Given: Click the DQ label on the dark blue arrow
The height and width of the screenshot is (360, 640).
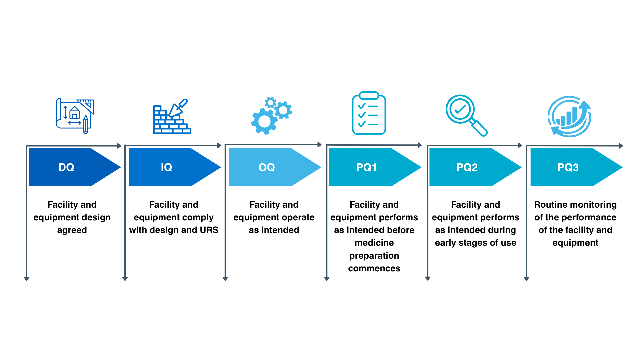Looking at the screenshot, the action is point(66,167).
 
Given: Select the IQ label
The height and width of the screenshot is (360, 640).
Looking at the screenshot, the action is point(166,167).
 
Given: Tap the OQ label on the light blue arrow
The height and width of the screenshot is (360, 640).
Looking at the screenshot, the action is point(267,167).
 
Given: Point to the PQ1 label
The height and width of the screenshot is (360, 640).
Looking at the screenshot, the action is point(366,167).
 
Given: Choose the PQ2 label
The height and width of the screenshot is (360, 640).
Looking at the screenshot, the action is point(467,167).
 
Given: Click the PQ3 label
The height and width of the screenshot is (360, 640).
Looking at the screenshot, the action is point(568,167).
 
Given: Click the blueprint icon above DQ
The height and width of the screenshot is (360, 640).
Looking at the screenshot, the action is point(75,116).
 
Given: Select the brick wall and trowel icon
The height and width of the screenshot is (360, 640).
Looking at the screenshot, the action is point(172,116).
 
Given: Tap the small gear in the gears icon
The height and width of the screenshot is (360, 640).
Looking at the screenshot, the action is point(271,102).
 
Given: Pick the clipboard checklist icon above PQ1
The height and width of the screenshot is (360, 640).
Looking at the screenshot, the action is point(369,113).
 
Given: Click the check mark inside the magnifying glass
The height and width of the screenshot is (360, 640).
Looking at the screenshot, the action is point(460,109).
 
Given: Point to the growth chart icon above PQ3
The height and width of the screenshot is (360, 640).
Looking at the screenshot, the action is point(569,117).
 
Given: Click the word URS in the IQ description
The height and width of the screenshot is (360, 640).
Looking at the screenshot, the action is point(209,230).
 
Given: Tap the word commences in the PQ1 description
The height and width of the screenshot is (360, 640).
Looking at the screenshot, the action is point(374,268).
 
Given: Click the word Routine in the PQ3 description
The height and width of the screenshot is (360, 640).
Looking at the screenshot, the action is point(549,205).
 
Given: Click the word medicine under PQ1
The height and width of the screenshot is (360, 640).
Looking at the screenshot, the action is point(374,243).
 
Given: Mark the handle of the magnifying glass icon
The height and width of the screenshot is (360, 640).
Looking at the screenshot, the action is point(479,128).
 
